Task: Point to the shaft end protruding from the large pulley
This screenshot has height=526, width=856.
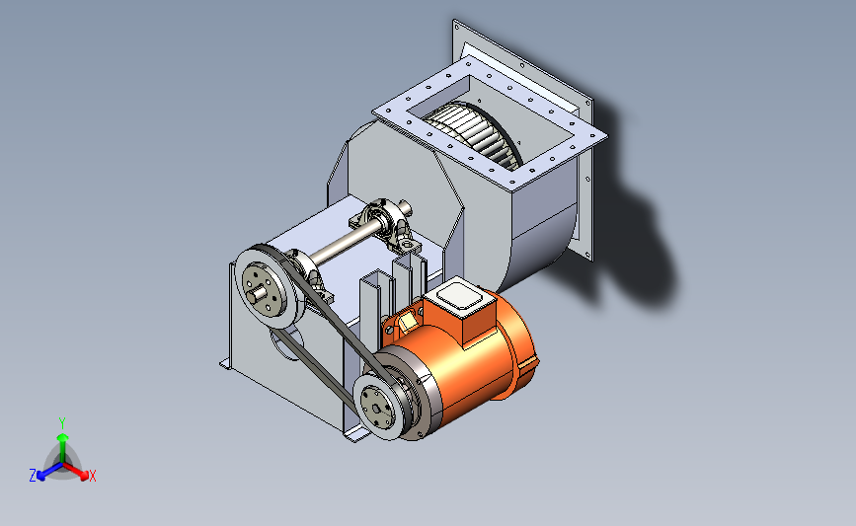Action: [257, 295]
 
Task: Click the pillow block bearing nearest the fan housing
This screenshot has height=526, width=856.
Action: [386, 225]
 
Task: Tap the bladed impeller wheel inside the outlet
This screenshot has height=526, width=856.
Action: [474, 132]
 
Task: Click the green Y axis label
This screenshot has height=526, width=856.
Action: [62, 423]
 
